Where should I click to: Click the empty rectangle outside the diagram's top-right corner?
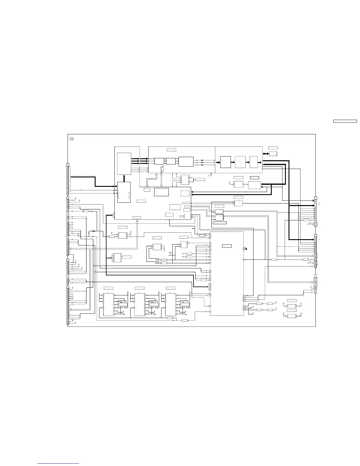[345, 121]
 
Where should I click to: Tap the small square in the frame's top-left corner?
[71, 138]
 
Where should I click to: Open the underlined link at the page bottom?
[58, 464]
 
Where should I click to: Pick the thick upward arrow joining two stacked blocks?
[124, 178]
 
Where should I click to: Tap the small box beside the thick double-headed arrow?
[273, 154]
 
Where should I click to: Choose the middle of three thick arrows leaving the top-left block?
[135, 161]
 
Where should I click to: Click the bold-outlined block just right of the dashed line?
[225, 162]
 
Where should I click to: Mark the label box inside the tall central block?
[227, 246]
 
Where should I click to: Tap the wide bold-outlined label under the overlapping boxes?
[219, 223]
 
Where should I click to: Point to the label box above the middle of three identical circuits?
[139, 288]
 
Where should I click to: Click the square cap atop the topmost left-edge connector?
[68, 165]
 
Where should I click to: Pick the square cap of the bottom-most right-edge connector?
[316, 276]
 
